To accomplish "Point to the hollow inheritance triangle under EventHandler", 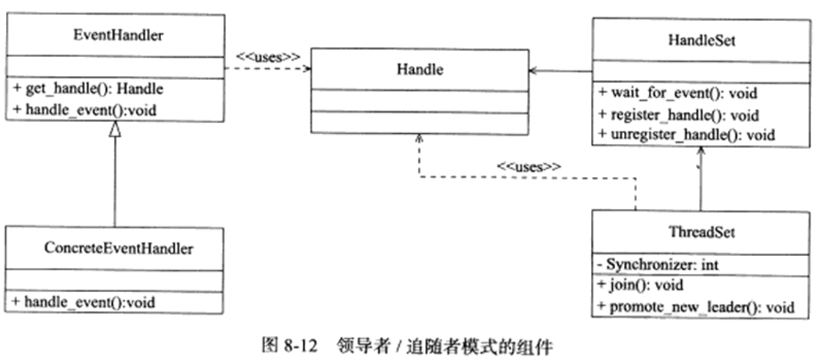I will click(115, 129).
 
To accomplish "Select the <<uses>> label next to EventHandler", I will click(268, 56).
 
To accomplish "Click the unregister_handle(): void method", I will click(687, 135).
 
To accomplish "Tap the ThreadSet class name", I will click(700, 232).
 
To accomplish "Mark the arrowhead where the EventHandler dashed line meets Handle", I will click(306, 70).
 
